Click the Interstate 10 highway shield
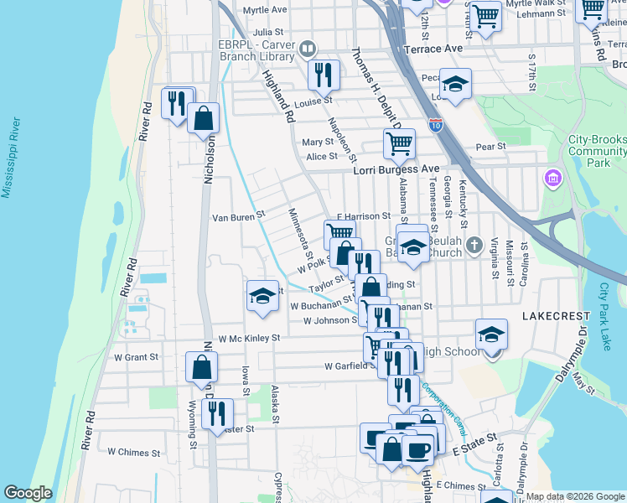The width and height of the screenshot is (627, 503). (435, 126)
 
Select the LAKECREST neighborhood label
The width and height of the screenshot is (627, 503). (552, 318)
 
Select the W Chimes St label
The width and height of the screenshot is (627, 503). (133, 453)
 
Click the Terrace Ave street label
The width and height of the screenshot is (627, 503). (433, 49)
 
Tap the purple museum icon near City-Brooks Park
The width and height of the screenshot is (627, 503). (552, 178)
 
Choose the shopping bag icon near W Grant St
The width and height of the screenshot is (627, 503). (202, 366)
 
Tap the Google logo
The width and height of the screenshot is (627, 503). (28, 493)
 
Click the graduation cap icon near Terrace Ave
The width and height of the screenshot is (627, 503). (455, 84)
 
